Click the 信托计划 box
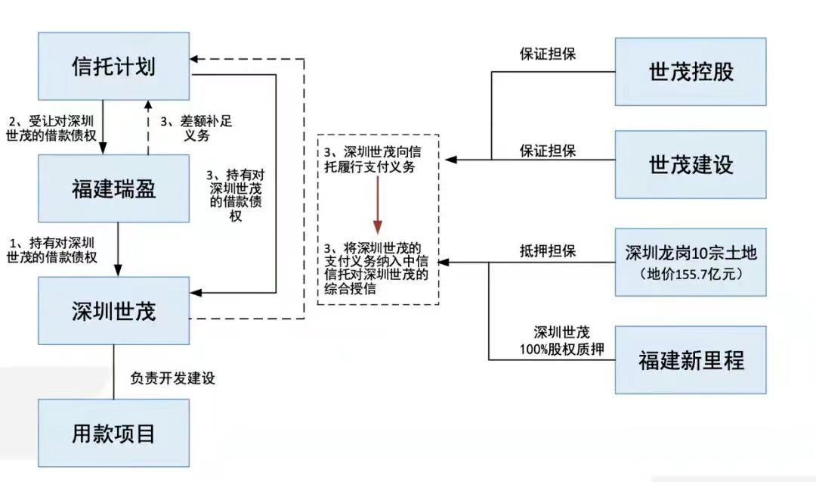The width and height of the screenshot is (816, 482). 114,67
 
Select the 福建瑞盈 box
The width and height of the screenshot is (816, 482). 114,188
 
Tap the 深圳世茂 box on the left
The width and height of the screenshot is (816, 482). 114,311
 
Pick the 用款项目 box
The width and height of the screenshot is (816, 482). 114,434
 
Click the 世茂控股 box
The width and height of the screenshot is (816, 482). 691,72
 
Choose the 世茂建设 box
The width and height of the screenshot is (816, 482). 691,164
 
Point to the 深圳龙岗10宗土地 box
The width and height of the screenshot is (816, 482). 691,261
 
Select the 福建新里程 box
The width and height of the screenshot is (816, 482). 691,359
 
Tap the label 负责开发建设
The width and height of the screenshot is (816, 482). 173,378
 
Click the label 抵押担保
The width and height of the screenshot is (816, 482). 548,251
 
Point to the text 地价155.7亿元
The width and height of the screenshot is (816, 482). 691,274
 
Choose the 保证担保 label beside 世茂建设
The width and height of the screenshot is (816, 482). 548,151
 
